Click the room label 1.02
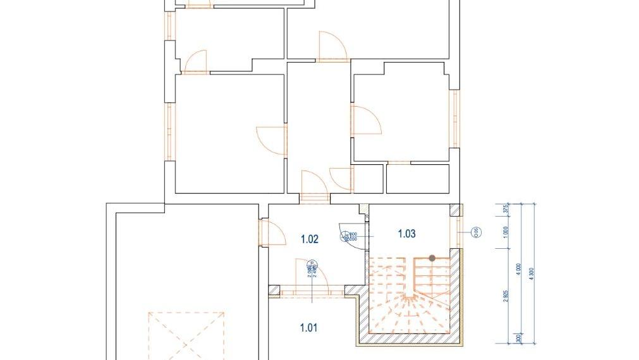pos(309,239)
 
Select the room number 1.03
pos(406,234)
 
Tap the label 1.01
pos(308,327)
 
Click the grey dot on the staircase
pos(432,258)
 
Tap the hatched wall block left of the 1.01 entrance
pos(274,291)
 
